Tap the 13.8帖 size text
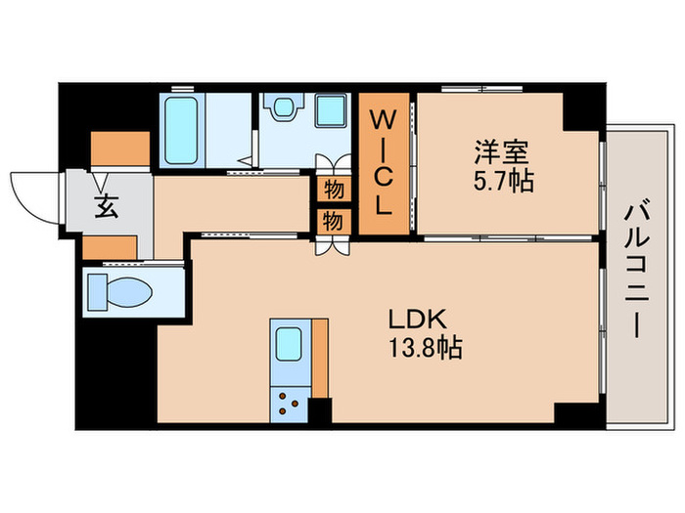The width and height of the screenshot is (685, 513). [x=426, y=347]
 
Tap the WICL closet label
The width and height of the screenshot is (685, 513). [x=386, y=164]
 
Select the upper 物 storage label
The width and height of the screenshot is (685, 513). [x=333, y=187]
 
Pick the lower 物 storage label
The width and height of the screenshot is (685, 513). [x=333, y=221]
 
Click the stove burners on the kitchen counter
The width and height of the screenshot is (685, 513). [x=290, y=402]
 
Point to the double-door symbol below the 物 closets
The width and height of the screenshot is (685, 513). [x=331, y=245]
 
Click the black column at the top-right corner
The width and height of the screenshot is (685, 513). [x=583, y=108]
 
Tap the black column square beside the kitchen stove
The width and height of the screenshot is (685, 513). [x=320, y=410]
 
